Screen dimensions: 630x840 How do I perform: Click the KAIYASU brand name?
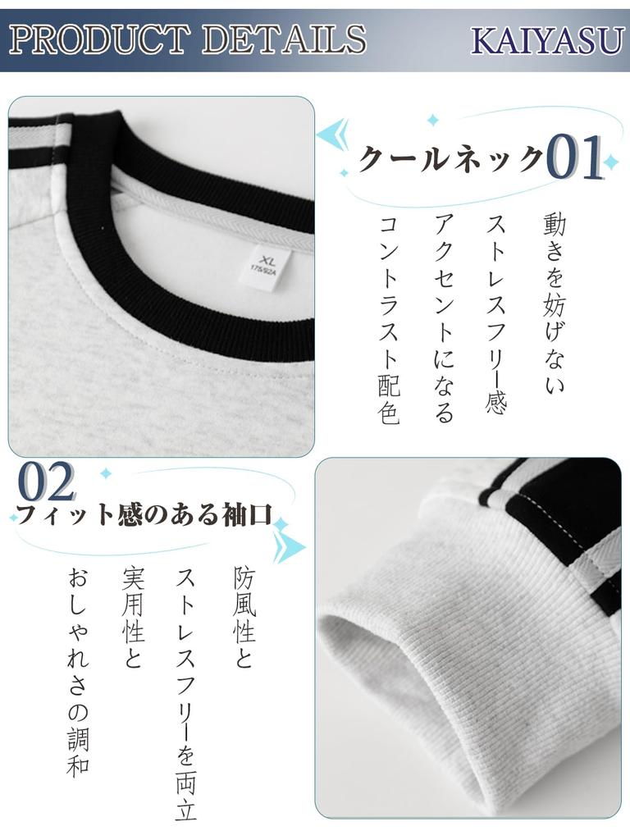[547, 41]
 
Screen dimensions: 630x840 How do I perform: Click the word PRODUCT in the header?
[99, 39]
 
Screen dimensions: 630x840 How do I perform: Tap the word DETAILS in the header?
[284, 39]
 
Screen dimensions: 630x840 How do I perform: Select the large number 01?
[575, 157]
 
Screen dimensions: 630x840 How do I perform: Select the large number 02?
[47, 482]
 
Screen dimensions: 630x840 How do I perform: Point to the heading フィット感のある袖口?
[144, 514]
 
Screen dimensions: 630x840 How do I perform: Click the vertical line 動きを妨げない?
[554, 304]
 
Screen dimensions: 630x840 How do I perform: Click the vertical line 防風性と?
[244, 617]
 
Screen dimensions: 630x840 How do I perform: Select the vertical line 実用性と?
[133, 617]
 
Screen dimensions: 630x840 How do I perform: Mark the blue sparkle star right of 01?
[610, 161]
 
